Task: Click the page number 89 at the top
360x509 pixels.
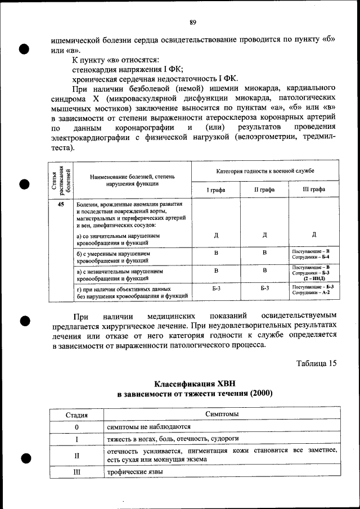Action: (x=192, y=22)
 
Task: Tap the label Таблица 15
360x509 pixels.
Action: (x=317, y=363)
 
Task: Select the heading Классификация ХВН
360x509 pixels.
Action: (x=194, y=384)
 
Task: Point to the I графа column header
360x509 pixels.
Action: (x=216, y=190)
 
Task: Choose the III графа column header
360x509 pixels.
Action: (x=314, y=190)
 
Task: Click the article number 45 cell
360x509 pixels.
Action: (x=61, y=205)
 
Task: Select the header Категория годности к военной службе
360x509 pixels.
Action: (x=265, y=170)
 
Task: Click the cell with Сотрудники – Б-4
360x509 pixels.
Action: (x=314, y=257)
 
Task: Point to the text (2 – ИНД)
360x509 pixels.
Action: (x=314, y=278)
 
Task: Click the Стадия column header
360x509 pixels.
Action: (x=76, y=415)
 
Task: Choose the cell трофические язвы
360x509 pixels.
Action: (x=135, y=472)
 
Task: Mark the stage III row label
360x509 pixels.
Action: (x=76, y=472)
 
